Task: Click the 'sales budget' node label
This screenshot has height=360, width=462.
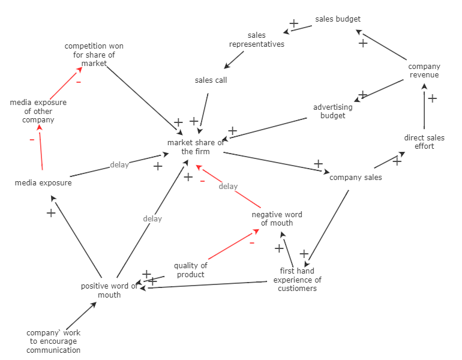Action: pos(338,19)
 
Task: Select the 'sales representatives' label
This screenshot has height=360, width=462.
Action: pos(256,40)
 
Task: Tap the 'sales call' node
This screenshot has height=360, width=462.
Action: pos(211,80)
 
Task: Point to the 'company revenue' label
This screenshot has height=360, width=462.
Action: pos(424,71)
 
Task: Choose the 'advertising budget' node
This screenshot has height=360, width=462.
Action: pos(332,112)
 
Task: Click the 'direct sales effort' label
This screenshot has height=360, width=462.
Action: pos(424,142)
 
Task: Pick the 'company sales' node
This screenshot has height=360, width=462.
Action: pos(355,177)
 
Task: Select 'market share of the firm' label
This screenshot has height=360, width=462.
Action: pos(196,147)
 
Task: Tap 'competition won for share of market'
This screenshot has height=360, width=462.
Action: pos(94,55)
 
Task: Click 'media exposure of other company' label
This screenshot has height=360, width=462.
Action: pos(38,111)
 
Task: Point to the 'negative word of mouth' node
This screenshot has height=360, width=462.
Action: pos(277,218)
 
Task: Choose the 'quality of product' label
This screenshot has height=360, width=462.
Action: pos(191,270)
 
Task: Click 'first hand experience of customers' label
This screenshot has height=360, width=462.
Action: pos(297,280)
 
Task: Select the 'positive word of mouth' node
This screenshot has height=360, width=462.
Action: pos(109,290)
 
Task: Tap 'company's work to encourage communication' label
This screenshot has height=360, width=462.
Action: pos(53,341)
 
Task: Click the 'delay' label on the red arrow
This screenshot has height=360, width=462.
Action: pos(228,187)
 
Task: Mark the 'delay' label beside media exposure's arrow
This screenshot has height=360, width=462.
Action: pos(119,165)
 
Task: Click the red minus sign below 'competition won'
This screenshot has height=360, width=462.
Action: pos(79,82)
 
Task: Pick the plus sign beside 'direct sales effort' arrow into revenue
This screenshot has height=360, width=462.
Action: pos(432,98)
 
